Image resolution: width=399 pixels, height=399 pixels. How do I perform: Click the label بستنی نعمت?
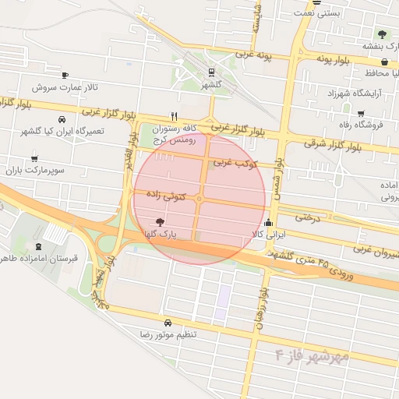(x=320, y=13)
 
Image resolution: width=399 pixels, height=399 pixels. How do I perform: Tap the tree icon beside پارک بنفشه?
(x=382, y=34)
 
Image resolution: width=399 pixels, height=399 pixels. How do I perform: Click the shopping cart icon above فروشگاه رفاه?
(x=360, y=114)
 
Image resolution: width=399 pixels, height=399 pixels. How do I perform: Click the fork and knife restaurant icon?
(x=174, y=115)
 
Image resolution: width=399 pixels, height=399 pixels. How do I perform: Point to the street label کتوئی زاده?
(x=168, y=199)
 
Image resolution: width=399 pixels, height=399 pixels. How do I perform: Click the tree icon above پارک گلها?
(x=161, y=222)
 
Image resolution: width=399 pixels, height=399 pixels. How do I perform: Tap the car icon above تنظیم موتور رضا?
(x=168, y=323)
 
